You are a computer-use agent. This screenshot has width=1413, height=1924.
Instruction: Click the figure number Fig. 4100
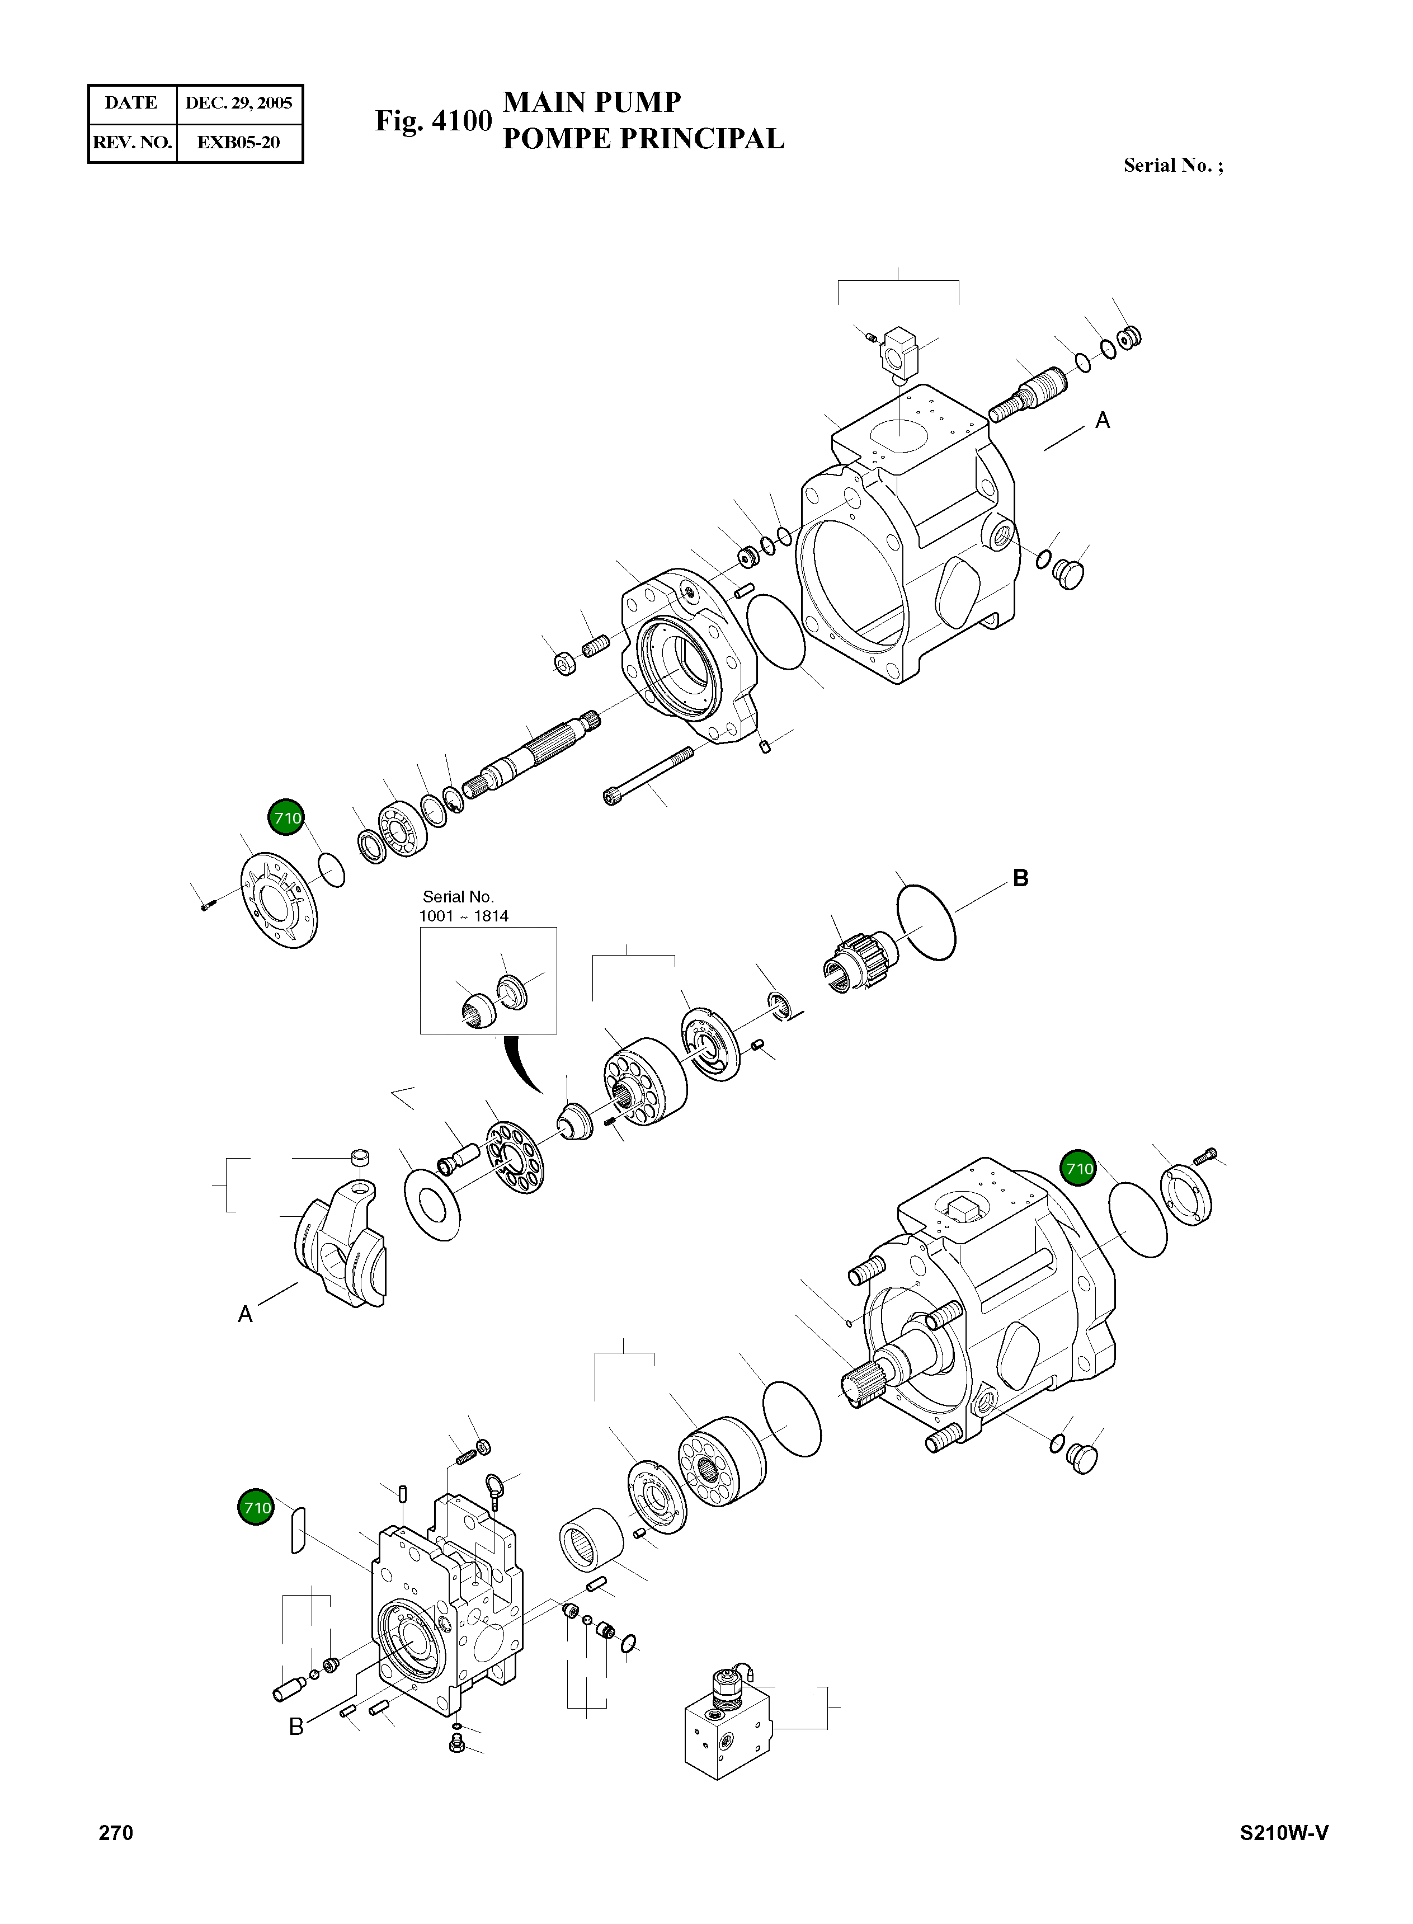pyautogui.click(x=434, y=121)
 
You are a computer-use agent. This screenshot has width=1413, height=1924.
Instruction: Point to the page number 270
pyautogui.click(x=116, y=1832)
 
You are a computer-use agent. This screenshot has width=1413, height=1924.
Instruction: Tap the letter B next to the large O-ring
pyautogui.click(x=1020, y=878)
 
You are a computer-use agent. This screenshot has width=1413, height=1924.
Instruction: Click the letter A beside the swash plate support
pyautogui.click(x=246, y=1315)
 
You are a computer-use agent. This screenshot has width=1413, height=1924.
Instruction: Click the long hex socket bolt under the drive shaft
pyautogui.click(x=647, y=775)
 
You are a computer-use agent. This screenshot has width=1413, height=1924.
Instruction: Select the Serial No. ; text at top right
pyautogui.click(x=1172, y=166)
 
